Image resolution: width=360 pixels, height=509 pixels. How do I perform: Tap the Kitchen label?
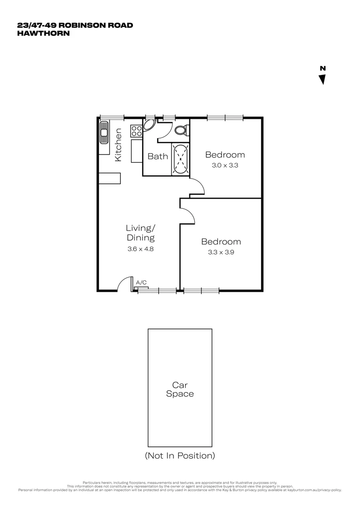click(x=118, y=145)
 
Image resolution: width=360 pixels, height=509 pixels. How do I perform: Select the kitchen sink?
click(x=103, y=133)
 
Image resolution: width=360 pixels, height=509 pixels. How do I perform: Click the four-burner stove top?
click(x=137, y=131)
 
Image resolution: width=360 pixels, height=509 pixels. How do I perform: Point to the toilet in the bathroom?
click(x=180, y=130)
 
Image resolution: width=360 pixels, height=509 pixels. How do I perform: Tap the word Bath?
click(x=157, y=156)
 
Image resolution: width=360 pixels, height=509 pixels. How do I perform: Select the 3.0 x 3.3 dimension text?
click(x=225, y=165)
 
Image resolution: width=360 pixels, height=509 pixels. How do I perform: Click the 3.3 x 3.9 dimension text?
click(x=221, y=252)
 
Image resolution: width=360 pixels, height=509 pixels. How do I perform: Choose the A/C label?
click(x=140, y=282)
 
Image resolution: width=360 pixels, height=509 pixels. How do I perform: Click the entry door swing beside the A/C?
click(x=124, y=284)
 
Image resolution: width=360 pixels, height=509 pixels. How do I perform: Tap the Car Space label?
click(x=180, y=389)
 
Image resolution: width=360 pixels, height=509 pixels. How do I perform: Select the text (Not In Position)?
click(x=180, y=455)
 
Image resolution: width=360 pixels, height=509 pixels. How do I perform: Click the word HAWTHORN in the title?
click(x=43, y=33)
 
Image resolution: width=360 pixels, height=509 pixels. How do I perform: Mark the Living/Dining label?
click(x=140, y=233)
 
